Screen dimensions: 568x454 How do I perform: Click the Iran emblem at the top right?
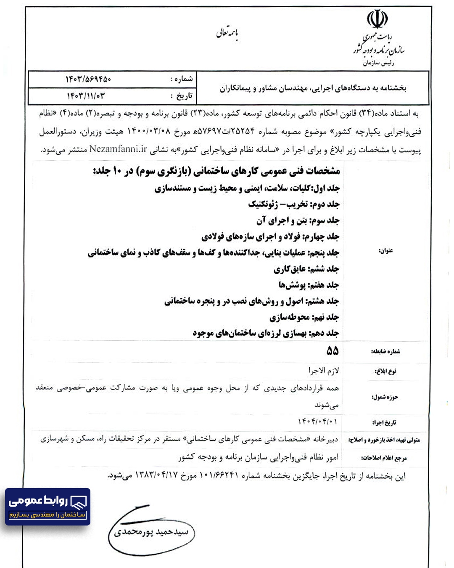[377, 19]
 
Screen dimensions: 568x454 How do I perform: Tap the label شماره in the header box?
[182, 79]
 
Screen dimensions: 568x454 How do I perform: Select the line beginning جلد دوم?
[293, 204]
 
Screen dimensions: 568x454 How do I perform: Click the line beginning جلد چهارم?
[270, 236]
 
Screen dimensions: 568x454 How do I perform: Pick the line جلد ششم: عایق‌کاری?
[306, 269]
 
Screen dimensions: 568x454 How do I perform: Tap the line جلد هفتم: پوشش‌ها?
[309, 285]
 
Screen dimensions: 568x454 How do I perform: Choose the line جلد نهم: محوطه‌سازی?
[304, 317]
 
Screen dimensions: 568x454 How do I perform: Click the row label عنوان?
[386, 251]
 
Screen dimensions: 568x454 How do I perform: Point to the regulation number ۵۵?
[333, 350]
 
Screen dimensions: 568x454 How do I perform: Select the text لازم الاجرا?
[324, 371]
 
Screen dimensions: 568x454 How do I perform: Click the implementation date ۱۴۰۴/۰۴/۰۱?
[317, 421]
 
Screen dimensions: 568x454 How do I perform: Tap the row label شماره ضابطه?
[385, 351]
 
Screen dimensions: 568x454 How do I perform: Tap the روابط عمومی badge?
[48, 506]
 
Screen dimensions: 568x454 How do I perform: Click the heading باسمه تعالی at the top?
[227, 34]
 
